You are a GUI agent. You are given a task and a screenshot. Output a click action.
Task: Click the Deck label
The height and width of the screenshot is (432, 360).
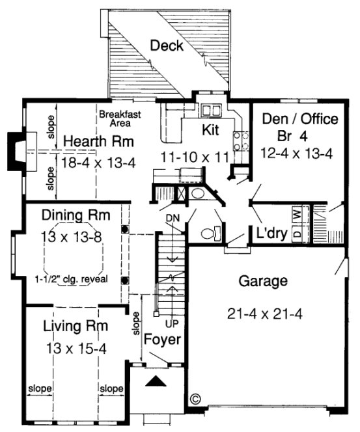pyautogui.click(x=167, y=46)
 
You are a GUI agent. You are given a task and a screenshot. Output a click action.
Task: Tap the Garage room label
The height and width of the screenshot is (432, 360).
pyautogui.click(x=263, y=282)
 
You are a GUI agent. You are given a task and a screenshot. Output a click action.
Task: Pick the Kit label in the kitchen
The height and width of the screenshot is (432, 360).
pyautogui.click(x=210, y=129)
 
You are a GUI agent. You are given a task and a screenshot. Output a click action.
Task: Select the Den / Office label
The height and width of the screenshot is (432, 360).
pyautogui.click(x=299, y=119)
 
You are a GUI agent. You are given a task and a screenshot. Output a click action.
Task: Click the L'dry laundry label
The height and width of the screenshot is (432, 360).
pyautogui.click(x=268, y=232)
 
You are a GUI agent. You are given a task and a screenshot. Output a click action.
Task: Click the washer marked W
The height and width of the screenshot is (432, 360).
pyautogui.click(x=296, y=213)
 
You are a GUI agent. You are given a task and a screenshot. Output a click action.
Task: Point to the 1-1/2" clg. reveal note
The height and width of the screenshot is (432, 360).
pyautogui.click(x=72, y=280)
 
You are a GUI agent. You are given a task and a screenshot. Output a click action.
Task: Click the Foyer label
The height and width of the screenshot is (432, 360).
pyautogui.click(x=162, y=340)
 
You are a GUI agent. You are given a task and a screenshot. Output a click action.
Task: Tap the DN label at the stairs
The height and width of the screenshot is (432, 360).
pyautogui.click(x=173, y=217)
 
